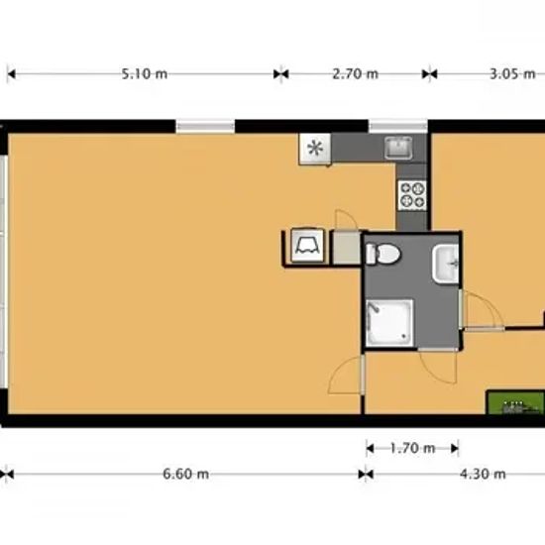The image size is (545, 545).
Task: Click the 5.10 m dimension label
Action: coord(145,74)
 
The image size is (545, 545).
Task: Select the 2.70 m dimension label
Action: coord(355,74)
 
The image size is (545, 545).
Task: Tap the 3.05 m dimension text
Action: coord(512,74)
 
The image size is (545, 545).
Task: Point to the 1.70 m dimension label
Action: coord(412,448)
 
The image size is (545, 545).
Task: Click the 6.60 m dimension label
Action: coord(186,474)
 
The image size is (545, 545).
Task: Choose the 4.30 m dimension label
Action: coord(483,474)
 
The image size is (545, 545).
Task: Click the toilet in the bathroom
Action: coord(383,254)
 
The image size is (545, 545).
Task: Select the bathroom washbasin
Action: coord(446,264)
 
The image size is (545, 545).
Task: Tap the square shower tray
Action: coord(389,323)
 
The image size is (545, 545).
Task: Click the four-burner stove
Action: coord(412,195)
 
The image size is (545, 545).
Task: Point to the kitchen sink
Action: coord(398,148)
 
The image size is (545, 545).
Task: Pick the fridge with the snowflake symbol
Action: coord(315,149)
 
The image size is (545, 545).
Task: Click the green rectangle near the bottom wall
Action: coord(515,402)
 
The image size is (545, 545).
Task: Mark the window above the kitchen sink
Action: coord(398,126)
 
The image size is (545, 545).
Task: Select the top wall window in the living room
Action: coord(205,126)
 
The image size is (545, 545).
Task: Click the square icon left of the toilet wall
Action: coord(307,246)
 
